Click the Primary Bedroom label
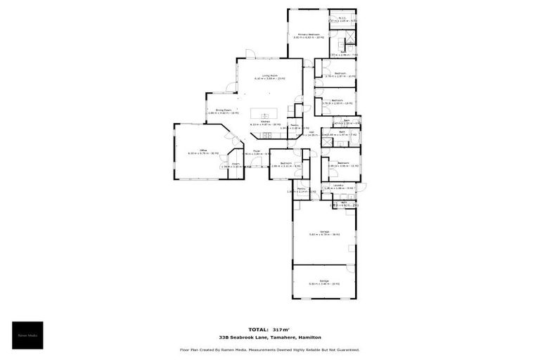click(309, 34)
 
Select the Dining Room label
click(224, 110)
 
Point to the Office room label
click(202, 150)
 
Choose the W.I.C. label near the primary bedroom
click(343, 19)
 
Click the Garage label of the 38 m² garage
click(324, 231)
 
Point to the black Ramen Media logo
click(27, 335)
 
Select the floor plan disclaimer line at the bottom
click(270, 349)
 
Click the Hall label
click(311, 131)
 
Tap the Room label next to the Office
click(236, 165)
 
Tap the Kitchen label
click(266, 122)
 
